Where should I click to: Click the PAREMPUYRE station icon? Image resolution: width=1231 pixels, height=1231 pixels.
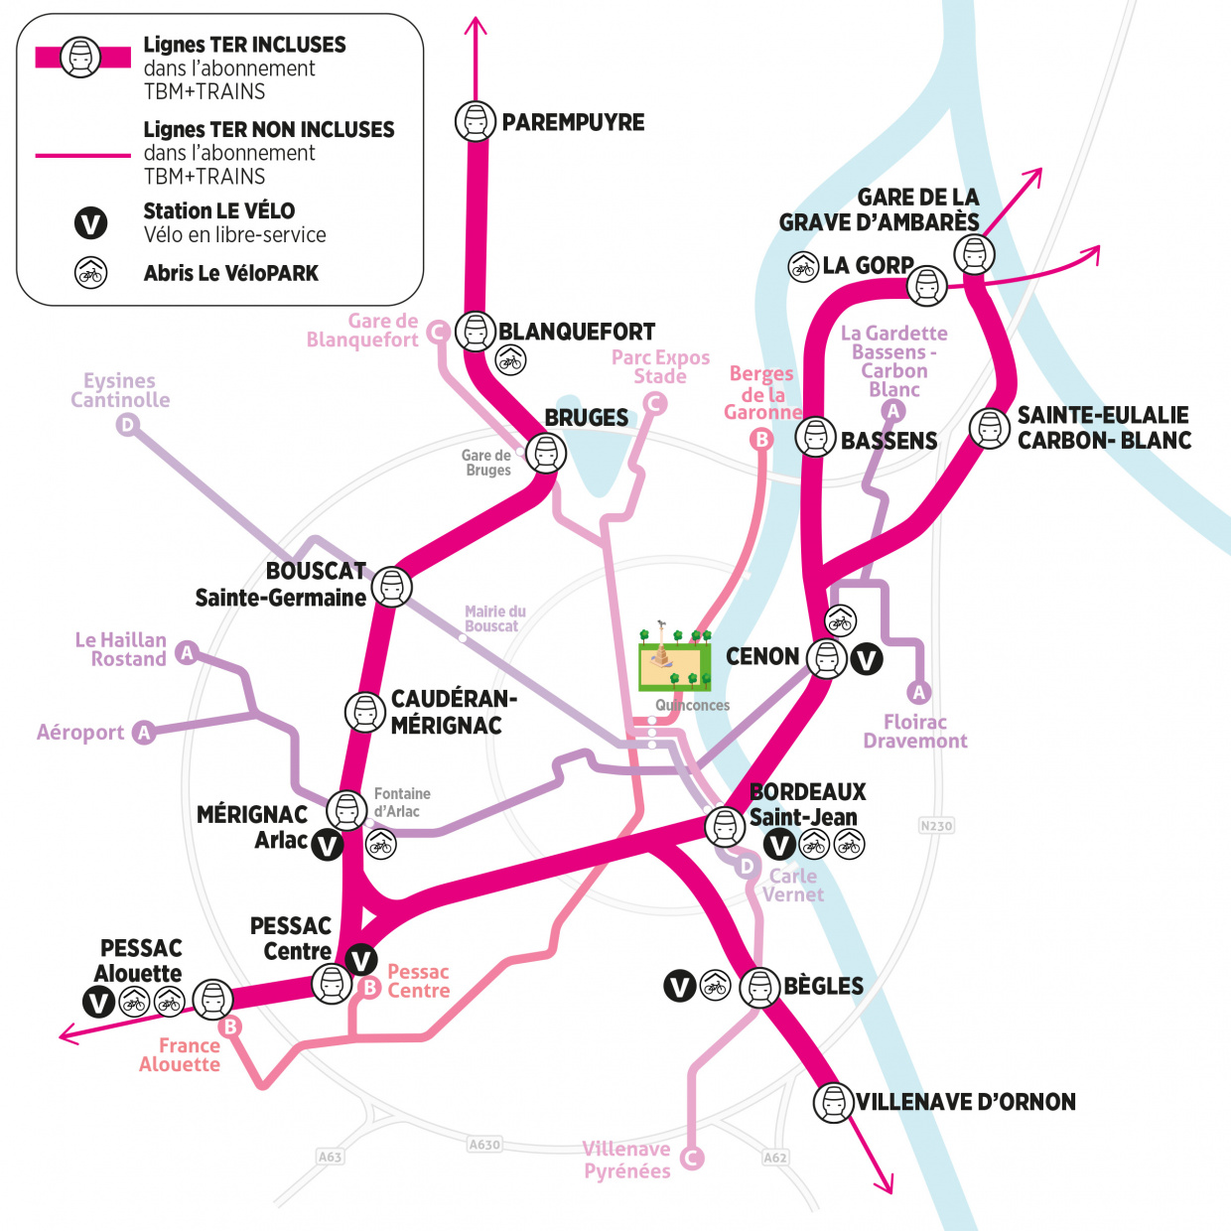click(475, 121)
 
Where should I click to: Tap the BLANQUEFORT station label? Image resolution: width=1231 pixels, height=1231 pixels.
click(577, 332)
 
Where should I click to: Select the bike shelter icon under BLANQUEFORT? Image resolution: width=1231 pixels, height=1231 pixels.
click(510, 359)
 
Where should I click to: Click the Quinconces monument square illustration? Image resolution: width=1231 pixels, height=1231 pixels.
click(675, 660)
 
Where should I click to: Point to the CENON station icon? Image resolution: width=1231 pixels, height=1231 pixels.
click(826, 657)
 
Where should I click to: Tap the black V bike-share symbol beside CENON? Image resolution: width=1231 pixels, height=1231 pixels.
click(866, 658)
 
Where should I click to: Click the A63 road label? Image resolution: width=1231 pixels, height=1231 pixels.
click(330, 1157)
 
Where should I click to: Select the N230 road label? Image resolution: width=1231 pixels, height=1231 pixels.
click(936, 825)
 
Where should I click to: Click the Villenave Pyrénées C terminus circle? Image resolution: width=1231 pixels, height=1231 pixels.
click(692, 1158)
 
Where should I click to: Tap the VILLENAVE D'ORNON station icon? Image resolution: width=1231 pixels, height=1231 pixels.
click(833, 1102)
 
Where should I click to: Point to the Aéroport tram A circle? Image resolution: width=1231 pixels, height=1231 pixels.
click(144, 733)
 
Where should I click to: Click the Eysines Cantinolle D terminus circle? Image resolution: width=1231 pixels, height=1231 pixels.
click(127, 426)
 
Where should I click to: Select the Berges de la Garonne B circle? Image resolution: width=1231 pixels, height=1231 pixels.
click(761, 439)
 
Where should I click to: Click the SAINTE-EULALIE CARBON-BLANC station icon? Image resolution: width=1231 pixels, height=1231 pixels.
click(989, 429)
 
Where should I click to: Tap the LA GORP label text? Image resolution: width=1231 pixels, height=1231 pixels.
click(868, 265)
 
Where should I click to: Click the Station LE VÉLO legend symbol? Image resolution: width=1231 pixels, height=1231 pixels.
click(91, 223)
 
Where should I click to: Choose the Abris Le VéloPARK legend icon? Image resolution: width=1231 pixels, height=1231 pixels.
click(91, 273)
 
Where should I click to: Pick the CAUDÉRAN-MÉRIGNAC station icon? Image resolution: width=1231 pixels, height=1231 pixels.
click(364, 712)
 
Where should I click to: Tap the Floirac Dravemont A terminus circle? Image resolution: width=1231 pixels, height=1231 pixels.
click(919, 692)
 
